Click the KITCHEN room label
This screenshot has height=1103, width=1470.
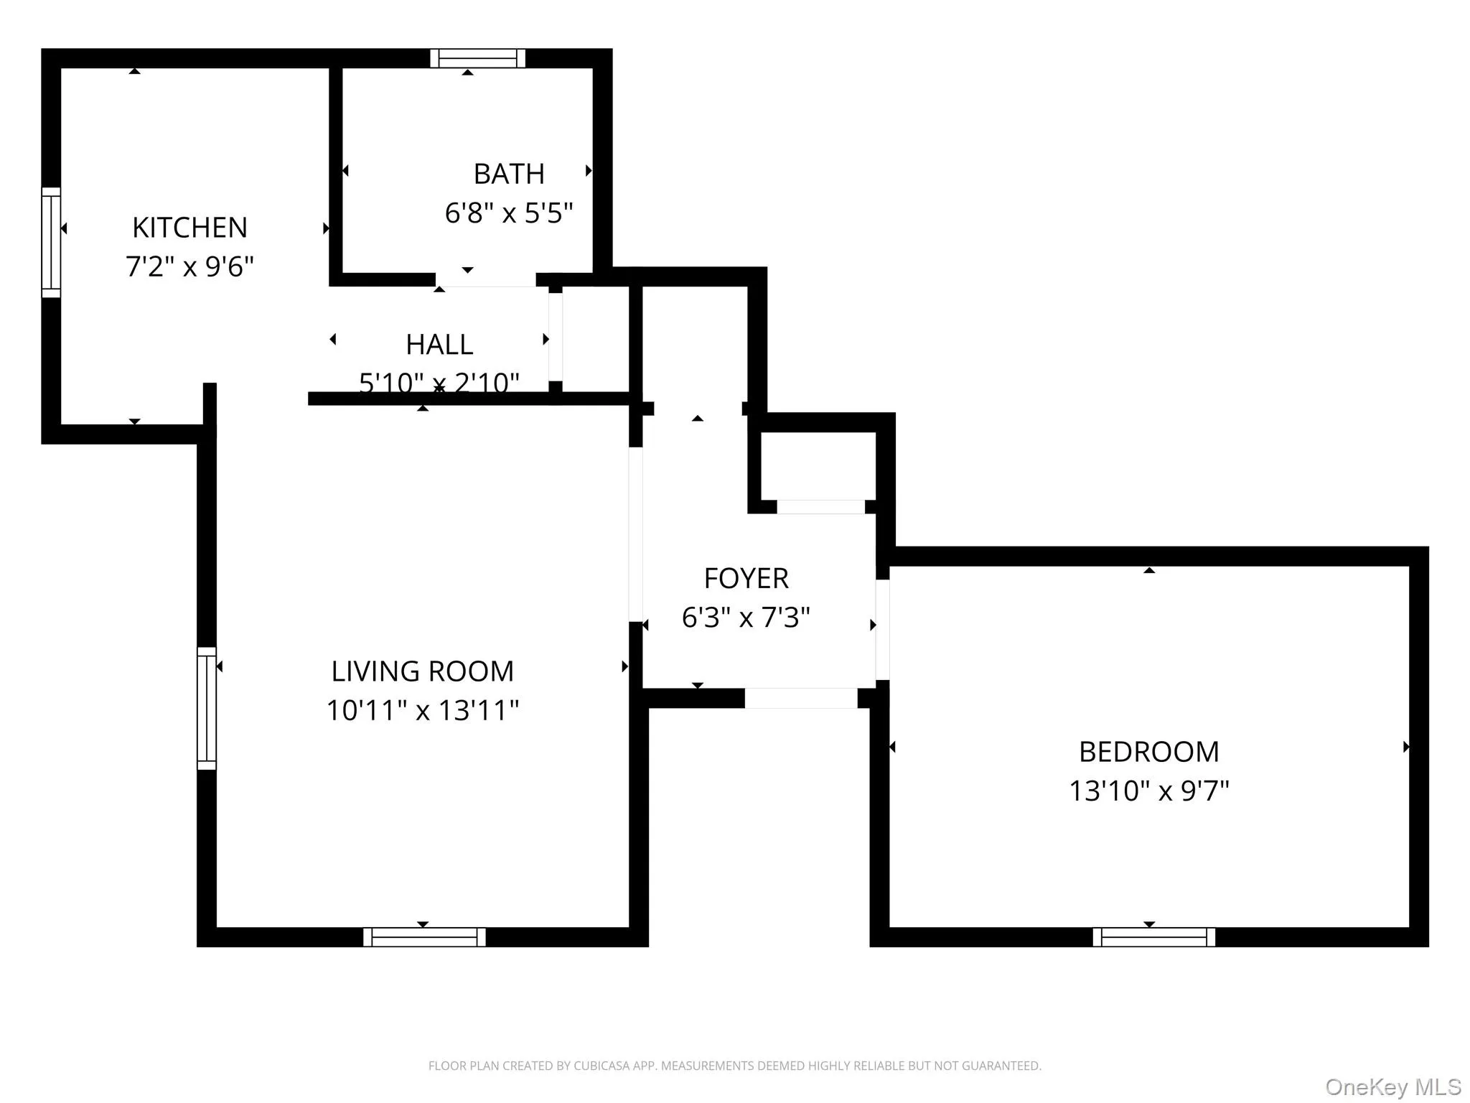click(x=189, y=228)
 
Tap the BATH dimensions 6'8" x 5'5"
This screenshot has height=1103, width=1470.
click(x=509, y=213)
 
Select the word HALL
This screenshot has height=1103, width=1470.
click(x=439, y=345)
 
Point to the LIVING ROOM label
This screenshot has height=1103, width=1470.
click(x=422, y=671)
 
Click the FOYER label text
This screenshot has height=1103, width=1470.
click(x=746, y=578)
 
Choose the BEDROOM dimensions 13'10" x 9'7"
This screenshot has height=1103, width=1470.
click(x=1148, y=791)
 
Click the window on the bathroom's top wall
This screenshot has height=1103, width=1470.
click(x=477, y=58)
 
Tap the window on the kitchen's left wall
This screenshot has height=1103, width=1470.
click(x=51, y=242)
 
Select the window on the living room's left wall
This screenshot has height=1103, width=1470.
click(x=207, y=708)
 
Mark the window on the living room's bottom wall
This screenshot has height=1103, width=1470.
click(x=424, y=937)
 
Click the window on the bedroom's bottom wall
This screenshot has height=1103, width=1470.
click(x=1153, y=937)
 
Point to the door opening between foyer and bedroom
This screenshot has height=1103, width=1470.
click(x=882, y=629)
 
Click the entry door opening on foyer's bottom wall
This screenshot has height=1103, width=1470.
click(x=800, y=698)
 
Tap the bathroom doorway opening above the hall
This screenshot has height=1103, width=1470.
click(x=486, y=279)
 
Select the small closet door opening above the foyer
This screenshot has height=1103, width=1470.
click(x=820, y=507)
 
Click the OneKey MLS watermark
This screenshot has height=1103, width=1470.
click(x=1392, y=1086)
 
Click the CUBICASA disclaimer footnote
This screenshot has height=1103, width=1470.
click(x=734, y=1066)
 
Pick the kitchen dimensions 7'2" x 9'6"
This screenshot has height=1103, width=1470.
click(x=189, y=266)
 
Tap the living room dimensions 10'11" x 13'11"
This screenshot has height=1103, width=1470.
click(x=422, y=710)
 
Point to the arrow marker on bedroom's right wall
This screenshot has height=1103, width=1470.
click(x=1405, y=747)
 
